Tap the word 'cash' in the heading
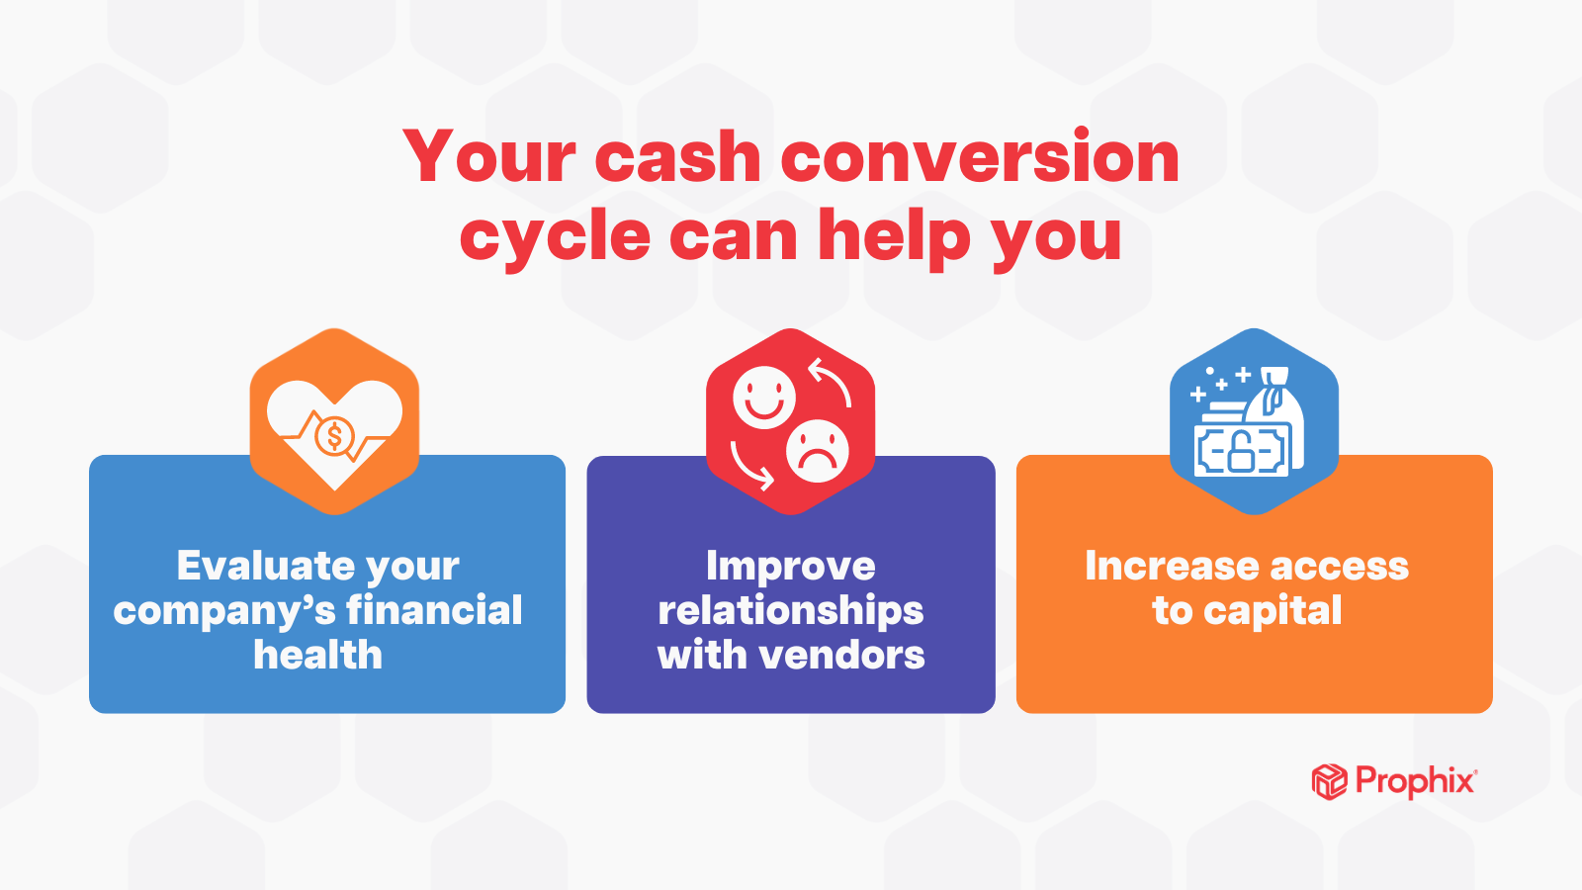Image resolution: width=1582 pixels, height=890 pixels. (677, 158)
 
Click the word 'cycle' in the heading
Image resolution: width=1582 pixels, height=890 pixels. (555, 238)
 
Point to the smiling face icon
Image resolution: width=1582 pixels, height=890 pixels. (763, 398)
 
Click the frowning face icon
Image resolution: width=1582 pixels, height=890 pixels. (818, 451)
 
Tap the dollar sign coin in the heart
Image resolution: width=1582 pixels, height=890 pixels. (335, 435)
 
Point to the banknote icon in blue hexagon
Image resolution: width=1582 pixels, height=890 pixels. (1242, 451)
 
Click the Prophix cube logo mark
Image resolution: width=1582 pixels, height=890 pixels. (1329, 781)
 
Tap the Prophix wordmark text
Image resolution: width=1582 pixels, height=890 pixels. (1415, 781)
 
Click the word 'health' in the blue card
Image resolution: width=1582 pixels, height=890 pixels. (317, 655)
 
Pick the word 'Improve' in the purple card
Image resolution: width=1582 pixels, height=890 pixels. (790, 566)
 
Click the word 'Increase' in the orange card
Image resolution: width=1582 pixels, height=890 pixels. (1169, 566)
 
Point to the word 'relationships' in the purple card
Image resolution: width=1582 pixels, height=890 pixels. (790, 611)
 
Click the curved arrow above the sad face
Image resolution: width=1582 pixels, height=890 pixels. (832, 382)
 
